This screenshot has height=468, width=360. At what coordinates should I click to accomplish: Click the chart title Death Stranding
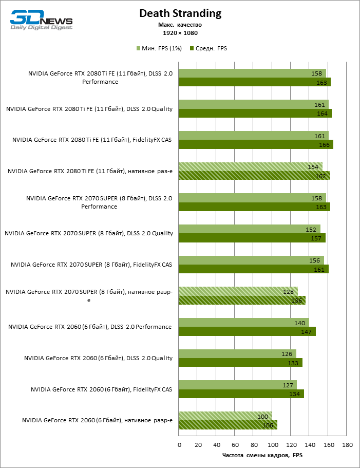(180, 13)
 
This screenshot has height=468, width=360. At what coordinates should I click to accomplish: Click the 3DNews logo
(42, 20)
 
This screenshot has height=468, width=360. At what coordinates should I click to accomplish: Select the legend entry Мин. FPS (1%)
(159, 48)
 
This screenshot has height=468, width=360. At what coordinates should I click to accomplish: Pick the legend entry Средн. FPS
(208, 48)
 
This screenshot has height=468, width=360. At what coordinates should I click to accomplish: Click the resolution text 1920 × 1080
(180, 33)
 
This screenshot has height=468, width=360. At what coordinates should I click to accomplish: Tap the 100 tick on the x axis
(272, 444)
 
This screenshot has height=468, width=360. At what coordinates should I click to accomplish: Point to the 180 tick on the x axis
(347, 444)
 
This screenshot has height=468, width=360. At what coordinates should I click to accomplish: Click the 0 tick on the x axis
(179, 444)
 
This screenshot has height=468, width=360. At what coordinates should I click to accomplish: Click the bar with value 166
(256, 144)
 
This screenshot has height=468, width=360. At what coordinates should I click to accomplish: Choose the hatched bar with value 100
(225, 416)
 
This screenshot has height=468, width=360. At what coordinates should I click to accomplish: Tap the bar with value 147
(247, 331)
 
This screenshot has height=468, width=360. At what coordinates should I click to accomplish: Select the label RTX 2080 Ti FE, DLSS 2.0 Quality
(89, 109)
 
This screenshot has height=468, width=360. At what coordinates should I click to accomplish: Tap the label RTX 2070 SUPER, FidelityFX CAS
(91, 265)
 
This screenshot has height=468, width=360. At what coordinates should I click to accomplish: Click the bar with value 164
(255, 114)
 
